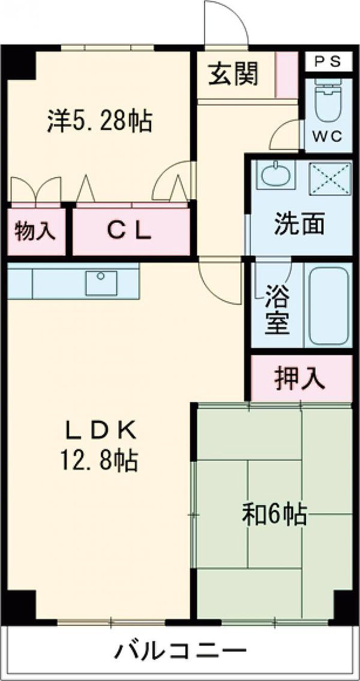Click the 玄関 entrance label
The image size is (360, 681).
tap(233, 74)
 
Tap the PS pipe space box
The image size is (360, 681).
tap(329, 62)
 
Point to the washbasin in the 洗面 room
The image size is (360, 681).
tap(276, 175)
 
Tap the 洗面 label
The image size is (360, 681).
tap(299, 223)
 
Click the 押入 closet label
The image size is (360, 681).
tap(300, 379)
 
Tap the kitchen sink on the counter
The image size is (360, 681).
tap(101, 283)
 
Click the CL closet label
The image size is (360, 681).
tap(129, 231)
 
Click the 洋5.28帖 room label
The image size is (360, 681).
tap(99, 121)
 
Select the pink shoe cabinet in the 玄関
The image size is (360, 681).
tap(287, 75)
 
